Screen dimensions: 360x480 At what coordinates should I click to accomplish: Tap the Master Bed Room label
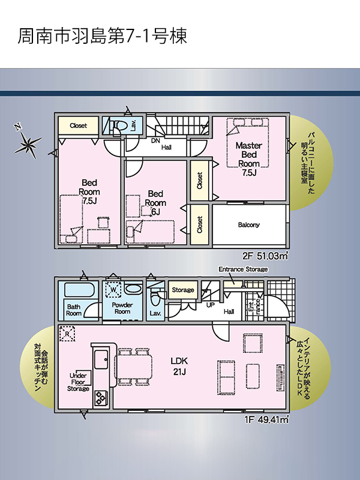point(249,159)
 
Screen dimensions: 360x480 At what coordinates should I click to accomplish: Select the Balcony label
point(249,225)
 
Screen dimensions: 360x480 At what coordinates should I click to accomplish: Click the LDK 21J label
point(179,366)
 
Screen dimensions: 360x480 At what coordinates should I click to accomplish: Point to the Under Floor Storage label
point(79,382)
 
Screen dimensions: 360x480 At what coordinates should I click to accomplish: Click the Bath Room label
point(74,310)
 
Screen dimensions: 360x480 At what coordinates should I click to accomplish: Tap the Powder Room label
point(122,308)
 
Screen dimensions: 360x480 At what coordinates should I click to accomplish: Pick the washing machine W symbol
point(113,289)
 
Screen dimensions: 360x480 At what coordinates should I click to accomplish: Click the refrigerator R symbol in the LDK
point(67,334)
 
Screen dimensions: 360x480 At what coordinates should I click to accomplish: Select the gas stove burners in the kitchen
point(100,398)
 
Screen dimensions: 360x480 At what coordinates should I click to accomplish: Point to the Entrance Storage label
point(243,269)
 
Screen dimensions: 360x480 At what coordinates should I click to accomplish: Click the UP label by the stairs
point(211,305)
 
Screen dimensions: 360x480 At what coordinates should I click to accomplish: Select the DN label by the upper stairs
point(156,141)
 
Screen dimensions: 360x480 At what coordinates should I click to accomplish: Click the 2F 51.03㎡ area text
point(265,256)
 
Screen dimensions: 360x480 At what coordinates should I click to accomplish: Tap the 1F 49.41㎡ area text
point(266,419)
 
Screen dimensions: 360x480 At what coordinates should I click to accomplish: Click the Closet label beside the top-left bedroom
point(79,125)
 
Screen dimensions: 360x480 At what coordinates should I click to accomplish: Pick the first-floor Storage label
point(183,290)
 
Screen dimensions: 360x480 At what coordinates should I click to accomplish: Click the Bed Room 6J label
point(155,203)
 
